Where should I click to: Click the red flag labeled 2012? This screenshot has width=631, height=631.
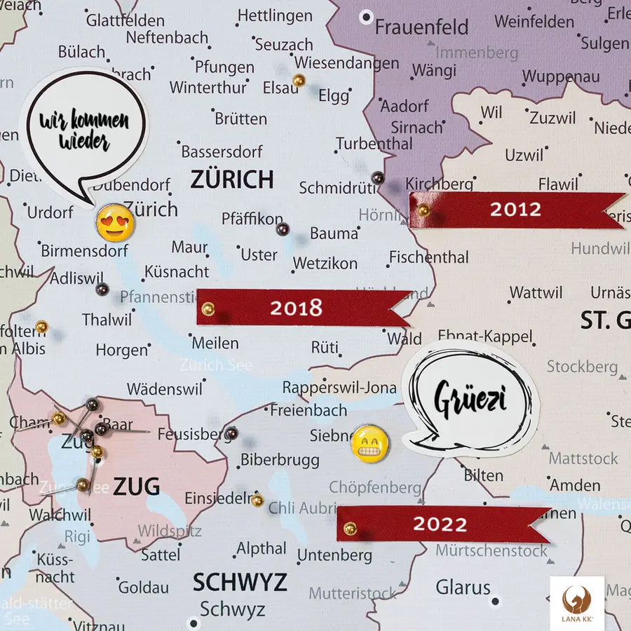click(515, 210)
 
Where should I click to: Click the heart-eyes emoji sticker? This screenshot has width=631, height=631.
click(115, 222)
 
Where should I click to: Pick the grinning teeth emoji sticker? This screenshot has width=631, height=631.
click(369, 443)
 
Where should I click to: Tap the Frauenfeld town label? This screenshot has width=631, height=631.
click(421, 27)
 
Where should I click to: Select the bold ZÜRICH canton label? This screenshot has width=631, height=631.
click(231, 179)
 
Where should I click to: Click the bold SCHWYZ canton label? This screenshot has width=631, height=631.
click(240, 582)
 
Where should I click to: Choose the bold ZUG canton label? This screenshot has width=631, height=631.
click(136, 486)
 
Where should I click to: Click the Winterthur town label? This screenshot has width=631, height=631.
click(208, 88)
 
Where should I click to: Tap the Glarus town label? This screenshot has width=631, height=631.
click(463, 586)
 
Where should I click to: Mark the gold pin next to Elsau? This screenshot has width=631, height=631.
click(299, 81)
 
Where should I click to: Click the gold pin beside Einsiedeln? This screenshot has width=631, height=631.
click(257, 500)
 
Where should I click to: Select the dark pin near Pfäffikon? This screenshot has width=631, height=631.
click(283, 229)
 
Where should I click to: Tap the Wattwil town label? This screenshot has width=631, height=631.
click(536, 292)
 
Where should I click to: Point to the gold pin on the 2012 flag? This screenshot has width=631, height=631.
click(423, 210)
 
